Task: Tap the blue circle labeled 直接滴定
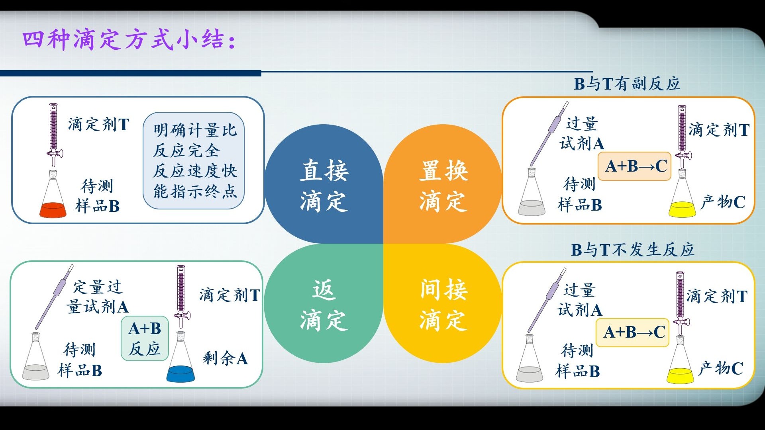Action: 324,184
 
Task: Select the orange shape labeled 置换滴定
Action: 443,184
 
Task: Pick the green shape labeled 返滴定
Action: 324,305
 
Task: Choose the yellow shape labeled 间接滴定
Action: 443,305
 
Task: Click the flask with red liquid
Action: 53,199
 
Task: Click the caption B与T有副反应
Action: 626,84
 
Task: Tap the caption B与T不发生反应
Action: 632,250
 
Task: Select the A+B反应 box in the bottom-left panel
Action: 145,338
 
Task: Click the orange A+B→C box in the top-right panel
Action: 635,166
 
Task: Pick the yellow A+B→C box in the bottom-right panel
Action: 633,332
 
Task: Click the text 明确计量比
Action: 195,130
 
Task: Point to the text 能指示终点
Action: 195,192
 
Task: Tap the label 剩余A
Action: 225,358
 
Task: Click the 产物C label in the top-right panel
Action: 722,202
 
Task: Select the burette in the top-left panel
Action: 54,133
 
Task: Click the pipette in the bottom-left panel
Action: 55,297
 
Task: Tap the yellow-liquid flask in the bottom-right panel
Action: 680,364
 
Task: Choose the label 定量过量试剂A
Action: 98,297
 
